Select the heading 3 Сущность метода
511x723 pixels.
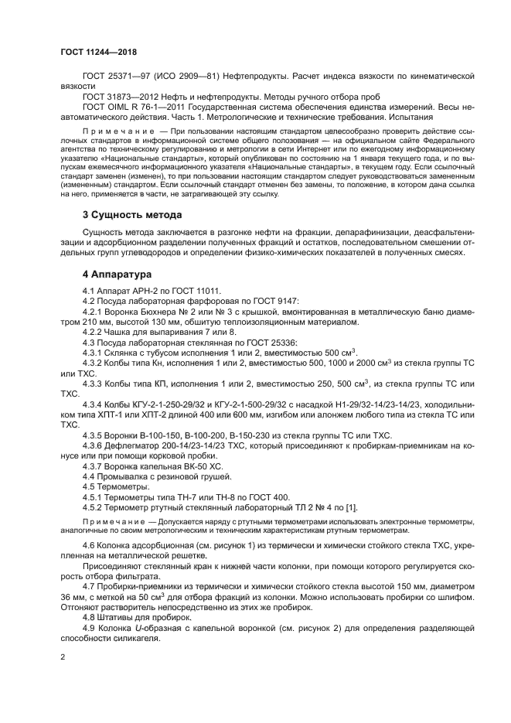[x=132, y=214]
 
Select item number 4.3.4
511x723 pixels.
[x=94, y=404]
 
